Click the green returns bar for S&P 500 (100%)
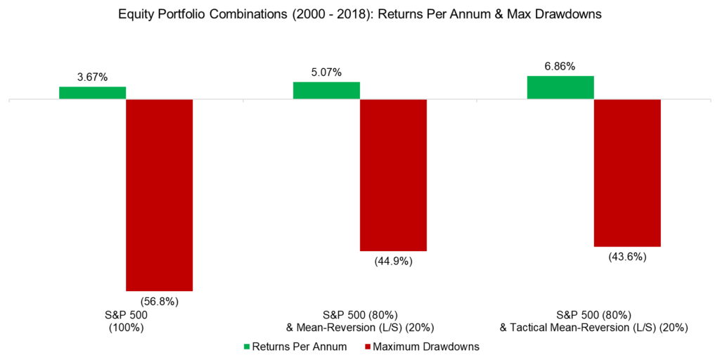(92, 93)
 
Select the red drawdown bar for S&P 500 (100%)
(159, 195)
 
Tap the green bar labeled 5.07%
(326, 91)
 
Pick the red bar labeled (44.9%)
(393, 175)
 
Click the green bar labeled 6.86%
(560, 88)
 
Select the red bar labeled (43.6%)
(627, 173)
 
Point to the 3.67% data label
(92, 77)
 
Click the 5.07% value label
(326, 72)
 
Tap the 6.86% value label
(560, 66)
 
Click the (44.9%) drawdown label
(393, 262)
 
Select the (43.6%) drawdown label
(627, 257)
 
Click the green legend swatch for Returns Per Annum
(246, 346)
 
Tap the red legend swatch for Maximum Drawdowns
(366, 346)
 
